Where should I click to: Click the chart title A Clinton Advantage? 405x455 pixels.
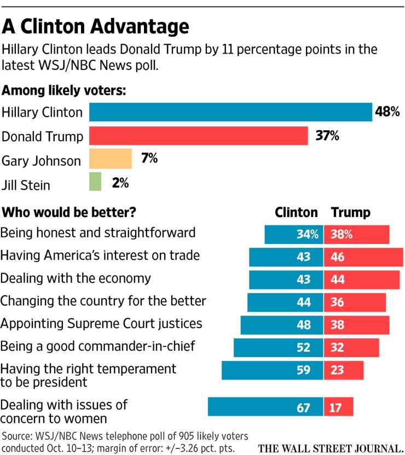(95, 26)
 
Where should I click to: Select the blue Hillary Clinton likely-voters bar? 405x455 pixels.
(230, 112)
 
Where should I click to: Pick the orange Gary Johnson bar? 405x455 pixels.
(111, 159)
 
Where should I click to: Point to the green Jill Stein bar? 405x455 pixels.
(95, 182)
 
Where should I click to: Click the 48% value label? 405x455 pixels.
(387, 112)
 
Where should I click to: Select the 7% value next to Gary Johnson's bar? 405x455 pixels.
(149, 159)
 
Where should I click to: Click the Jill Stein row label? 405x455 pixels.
(33, 184)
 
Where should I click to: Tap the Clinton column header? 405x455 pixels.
(296, 212)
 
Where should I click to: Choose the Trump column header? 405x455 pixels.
(351, 212)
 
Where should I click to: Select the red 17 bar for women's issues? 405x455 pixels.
(339, 407)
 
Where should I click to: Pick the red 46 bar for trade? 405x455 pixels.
(361, 257)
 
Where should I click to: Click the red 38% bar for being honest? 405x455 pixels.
(357, 235)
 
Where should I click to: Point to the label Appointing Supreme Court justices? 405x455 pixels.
(101, 323)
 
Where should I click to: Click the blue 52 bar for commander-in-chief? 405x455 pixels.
(279, 347)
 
